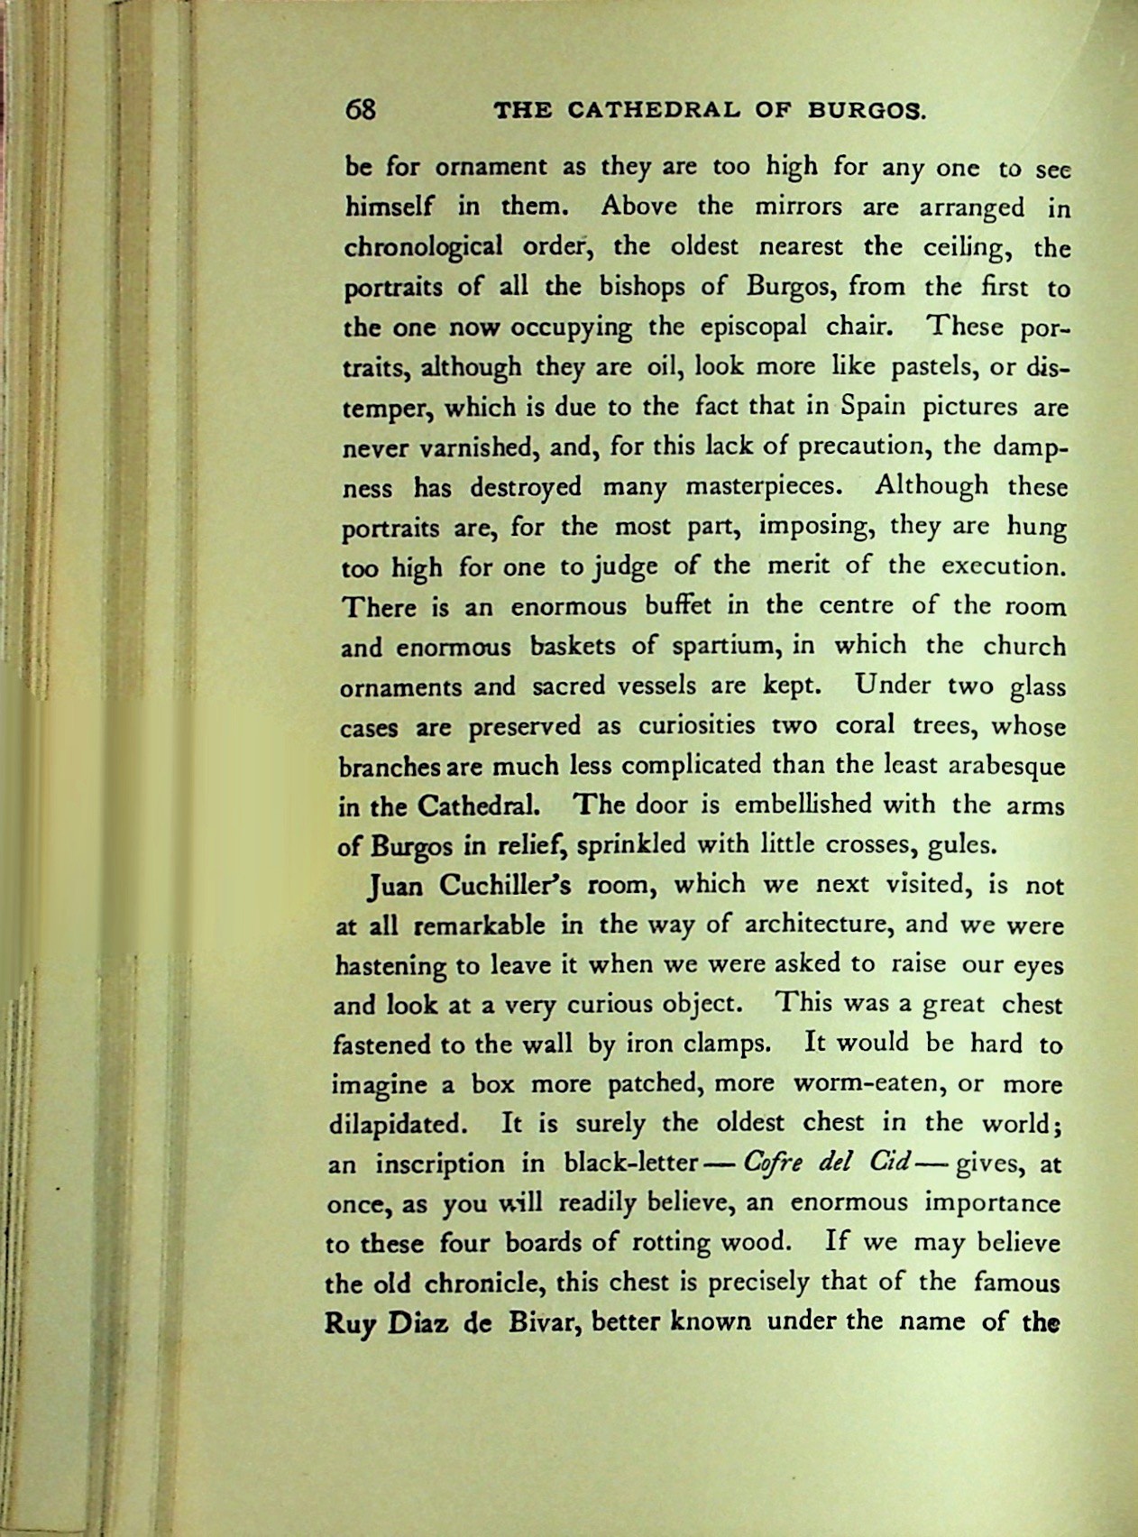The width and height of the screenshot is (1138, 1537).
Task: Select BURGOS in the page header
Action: pyautogui.click(x=865, y=112)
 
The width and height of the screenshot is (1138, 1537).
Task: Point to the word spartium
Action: pyautogui.click(x=718, y=646)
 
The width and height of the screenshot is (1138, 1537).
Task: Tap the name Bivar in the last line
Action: pyautogui.click(x=537, y=1322)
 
